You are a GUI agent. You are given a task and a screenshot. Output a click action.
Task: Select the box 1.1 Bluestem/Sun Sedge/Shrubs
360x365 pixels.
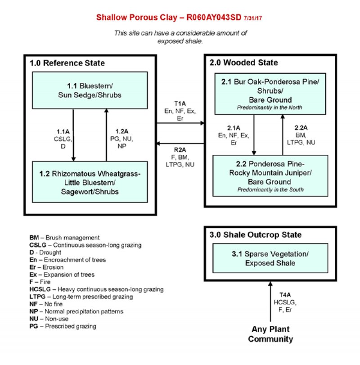tap(90, 90)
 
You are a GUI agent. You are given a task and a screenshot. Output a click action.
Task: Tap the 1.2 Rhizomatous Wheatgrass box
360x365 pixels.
tap(90, 182)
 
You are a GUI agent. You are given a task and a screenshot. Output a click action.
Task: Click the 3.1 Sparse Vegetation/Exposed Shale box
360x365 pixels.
tap(270, 258)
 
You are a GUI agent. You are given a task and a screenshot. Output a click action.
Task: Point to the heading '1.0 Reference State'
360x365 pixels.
tap(67, 63)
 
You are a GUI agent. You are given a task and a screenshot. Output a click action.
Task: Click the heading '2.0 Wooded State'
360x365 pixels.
tap(243, 63)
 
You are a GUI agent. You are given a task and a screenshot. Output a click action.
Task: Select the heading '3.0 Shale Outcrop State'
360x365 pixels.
tap(255, 235)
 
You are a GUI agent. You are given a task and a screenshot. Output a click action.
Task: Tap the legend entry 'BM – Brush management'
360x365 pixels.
tap(64, 238)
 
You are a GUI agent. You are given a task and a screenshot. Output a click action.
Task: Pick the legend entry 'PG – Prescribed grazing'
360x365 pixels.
tap(63, 326)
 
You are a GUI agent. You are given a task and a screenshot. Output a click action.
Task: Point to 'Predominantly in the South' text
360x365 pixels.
tap(270, 189)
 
